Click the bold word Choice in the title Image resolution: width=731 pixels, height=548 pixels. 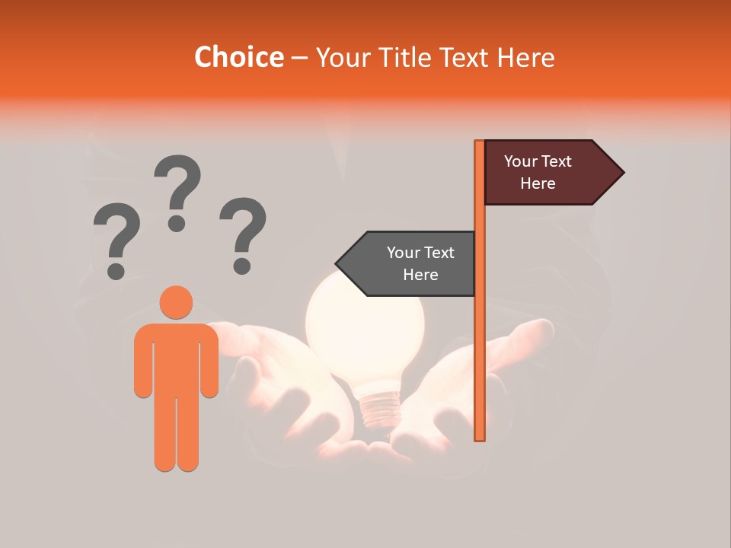[x=238, y=57]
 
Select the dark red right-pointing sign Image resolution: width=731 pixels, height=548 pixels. [x=544, y=173]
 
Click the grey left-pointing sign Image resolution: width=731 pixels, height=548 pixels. [x=411, y=263]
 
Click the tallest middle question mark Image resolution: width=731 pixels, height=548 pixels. [x=177, y=186]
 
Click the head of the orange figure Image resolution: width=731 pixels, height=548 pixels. [x=176, y=301]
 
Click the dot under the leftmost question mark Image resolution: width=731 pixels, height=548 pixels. [x=116, y=270]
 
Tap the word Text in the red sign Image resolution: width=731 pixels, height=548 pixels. [x=557, y=161]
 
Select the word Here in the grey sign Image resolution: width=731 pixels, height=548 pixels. [x=420, y=275]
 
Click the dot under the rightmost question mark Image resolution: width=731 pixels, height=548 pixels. [x=242, y=266]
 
